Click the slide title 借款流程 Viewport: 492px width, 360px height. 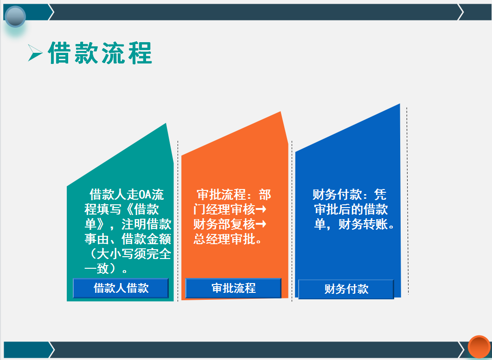tap(100, 53)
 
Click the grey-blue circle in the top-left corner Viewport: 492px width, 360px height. tap(15, 17)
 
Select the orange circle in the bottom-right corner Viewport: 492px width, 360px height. tap(479, 347)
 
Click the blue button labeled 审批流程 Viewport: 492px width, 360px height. tap(233, 288)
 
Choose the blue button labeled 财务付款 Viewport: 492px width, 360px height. tap(346, 289)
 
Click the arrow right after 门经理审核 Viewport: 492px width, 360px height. tap(261, 209)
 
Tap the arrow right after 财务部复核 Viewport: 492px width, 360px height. tap(261, 225)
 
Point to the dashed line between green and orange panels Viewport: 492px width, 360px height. tap(178, 218)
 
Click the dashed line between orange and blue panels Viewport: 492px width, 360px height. tap(292, 218)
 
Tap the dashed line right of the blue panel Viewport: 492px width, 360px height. tap(407, 199)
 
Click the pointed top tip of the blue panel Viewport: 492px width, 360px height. tap(398, 106)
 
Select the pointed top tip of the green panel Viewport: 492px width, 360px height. tap(165, 125)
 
